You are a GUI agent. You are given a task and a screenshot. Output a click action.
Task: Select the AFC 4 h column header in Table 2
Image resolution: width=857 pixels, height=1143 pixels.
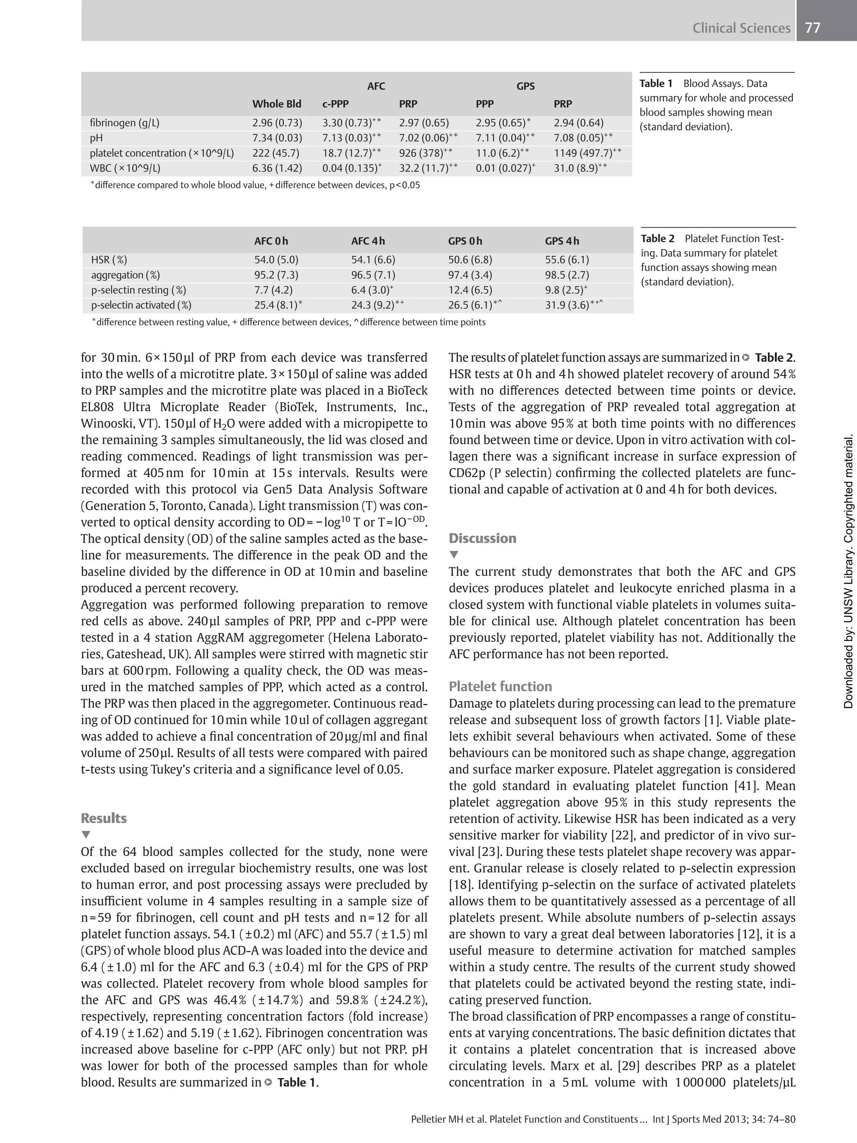[x=368, y=241]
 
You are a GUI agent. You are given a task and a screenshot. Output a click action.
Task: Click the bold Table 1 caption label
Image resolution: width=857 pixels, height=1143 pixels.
[x=656, y=84]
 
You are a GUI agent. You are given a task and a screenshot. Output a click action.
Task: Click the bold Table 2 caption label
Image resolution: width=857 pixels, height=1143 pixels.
[x=657, y=239]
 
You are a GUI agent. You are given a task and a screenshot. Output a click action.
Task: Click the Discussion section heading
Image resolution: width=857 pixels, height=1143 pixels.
[x=482, y=538]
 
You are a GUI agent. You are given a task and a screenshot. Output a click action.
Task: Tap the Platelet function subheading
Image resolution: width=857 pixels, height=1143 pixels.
[x=500, y=687]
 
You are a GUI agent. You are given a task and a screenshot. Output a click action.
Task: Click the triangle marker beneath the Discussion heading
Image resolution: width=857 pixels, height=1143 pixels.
[x=454, y=555]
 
